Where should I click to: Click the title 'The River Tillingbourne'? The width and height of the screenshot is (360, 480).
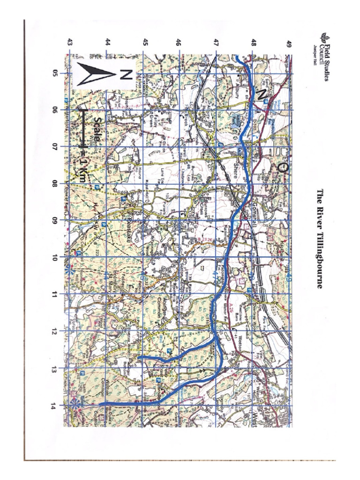click(320, 238)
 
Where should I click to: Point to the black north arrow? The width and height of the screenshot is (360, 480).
click(96, 74)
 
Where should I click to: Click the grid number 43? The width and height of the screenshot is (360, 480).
click(69, 43)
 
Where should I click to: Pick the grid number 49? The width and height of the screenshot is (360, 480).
click(289, 44)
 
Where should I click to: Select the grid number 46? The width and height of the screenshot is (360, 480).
click(178, 43)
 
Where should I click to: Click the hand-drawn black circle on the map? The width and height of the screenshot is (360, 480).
click(281, 167)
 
